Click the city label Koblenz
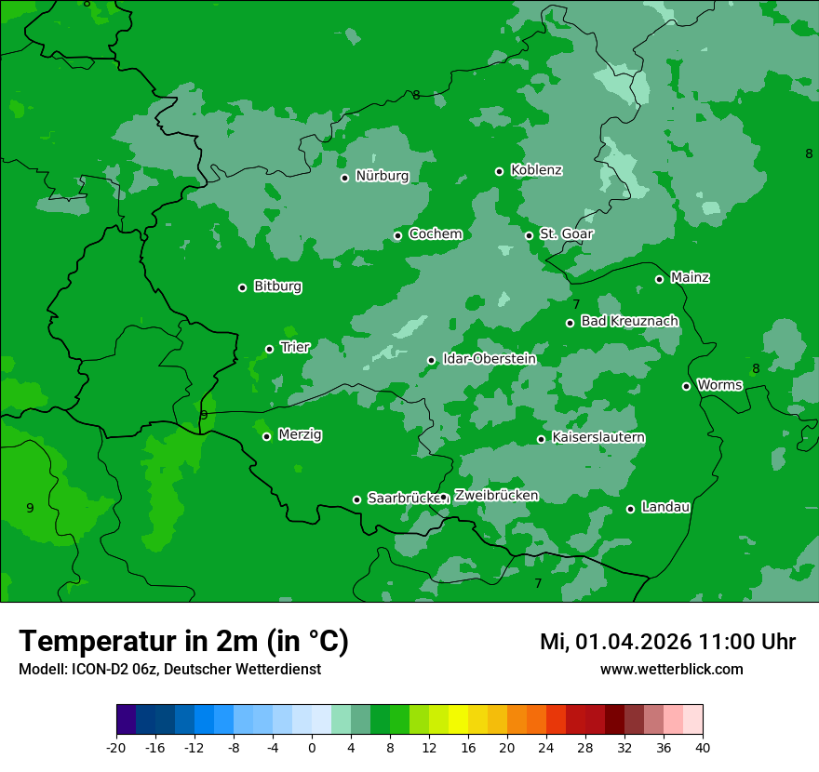(536, 170)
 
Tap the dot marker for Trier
(269, 349)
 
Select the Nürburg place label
(382, 176)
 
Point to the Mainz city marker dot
(659, 279)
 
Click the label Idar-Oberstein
(489, 359)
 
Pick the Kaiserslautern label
(598, 437)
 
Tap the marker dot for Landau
(630, 509)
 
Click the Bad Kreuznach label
(629, 321)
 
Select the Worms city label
(719, 385)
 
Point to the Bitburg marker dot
(242, 287)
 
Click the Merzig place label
(300, 434)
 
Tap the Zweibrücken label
(496, 496)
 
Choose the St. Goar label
(566, 233)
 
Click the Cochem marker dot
(397, 235)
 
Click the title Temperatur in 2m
(183, 641)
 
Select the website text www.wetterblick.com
(671, 669)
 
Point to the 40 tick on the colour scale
(703, 747)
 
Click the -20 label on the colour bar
(116, 747)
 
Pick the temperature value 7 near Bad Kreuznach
(576, 304)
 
